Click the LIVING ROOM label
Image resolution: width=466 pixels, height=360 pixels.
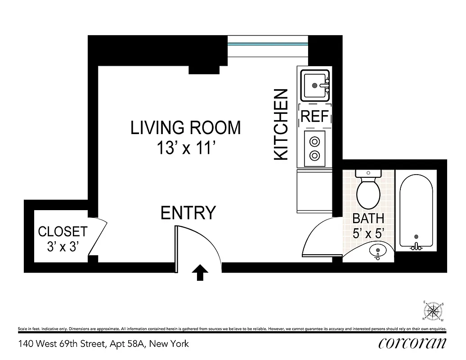185,128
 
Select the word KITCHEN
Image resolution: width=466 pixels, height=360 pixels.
281,124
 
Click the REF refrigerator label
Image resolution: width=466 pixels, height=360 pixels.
314,117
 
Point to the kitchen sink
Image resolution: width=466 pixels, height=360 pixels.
315,85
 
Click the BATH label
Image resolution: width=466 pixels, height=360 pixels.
368,219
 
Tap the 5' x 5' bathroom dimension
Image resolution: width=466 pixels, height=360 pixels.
368,234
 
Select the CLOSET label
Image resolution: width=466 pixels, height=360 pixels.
63,232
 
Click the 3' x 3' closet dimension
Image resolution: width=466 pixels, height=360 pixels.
63,246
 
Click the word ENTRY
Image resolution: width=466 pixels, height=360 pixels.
188,213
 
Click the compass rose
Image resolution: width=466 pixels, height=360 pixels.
434,311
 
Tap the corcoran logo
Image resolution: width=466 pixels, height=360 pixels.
412,343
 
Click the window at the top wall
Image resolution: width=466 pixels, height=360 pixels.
268,45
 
